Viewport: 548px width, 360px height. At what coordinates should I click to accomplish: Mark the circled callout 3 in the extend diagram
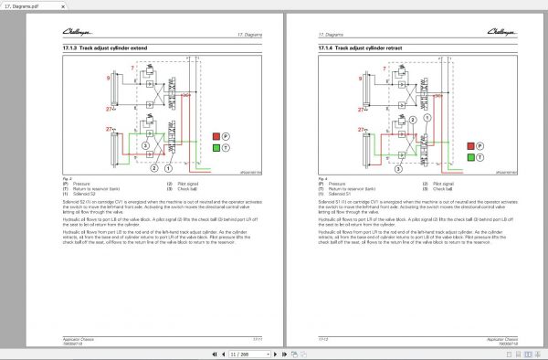[x=145, y=145]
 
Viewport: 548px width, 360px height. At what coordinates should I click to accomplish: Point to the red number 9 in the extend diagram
[x=107, y=79]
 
